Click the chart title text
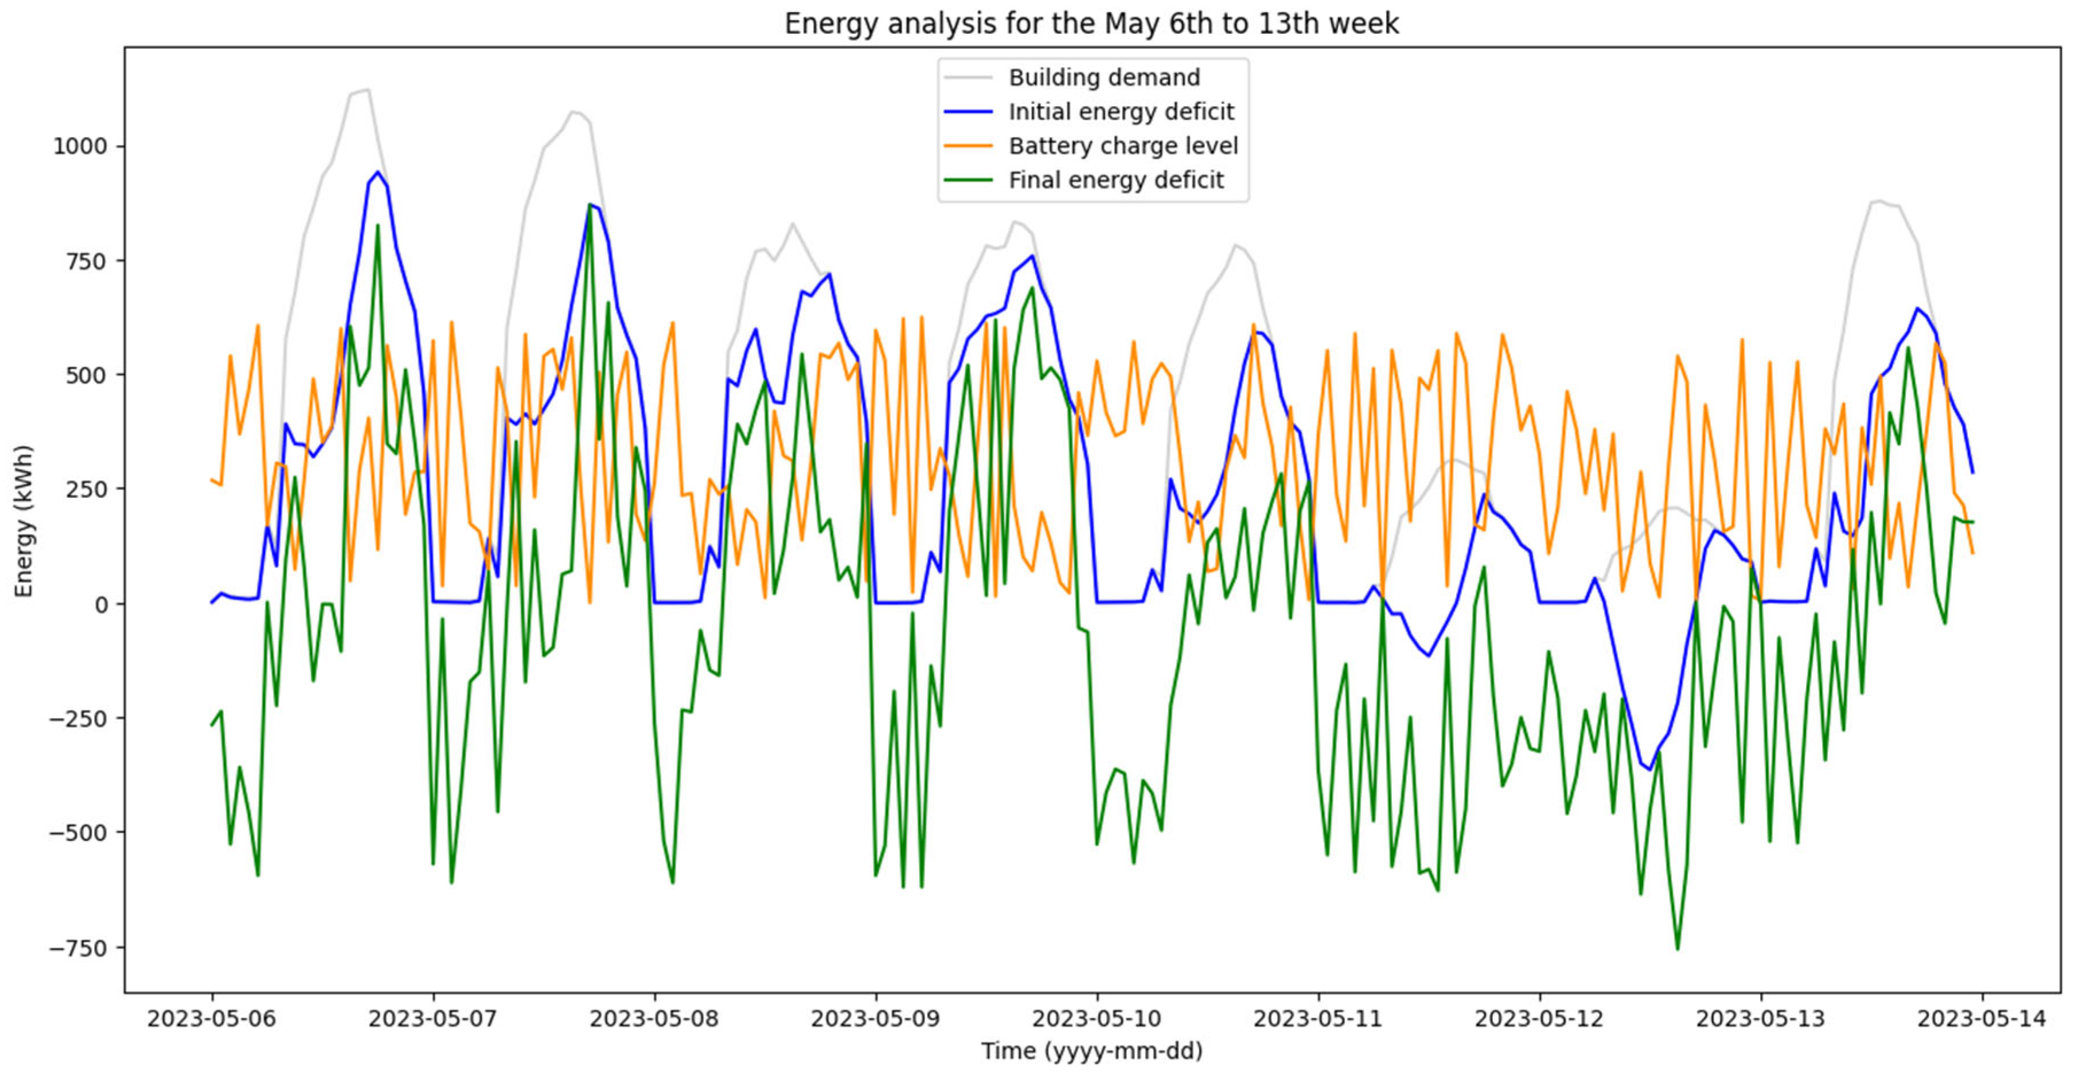tap(1091, 24)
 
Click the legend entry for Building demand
tap(1103, 77)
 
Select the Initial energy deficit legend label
tap(1121, 112)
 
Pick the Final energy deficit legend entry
tap(1115, 181)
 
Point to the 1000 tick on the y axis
tap(79, 147)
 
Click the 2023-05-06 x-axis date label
tap(212, 1019)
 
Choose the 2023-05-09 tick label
tap(876, 1019)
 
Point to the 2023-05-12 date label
tap(1539, 1019)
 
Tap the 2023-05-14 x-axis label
tap(1982, 1019)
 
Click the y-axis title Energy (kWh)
tap(24, 521)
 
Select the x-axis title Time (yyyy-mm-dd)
tap(1091, 1051)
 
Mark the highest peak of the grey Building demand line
tap(368, 89)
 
